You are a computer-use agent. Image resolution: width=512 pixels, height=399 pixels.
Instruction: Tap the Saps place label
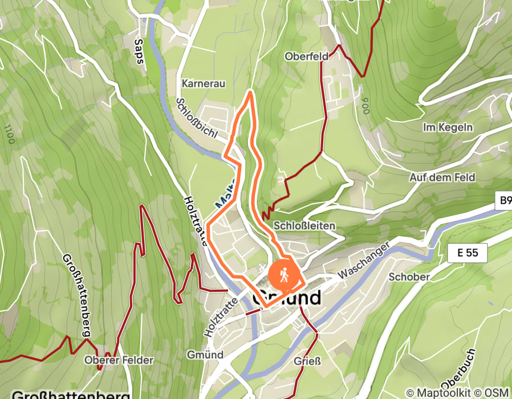coord(139,51)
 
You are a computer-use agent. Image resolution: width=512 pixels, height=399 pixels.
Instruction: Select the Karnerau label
coord(204,84)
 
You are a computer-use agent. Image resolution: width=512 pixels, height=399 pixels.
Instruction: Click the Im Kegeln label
coord(448,127)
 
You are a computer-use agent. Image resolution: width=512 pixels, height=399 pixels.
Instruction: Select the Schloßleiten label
coord(304,226)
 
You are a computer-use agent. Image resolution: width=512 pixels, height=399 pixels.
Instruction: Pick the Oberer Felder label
coord(119,360)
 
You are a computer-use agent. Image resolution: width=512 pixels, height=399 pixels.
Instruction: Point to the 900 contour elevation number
coord(364,105)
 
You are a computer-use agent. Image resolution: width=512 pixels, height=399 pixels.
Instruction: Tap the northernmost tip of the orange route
coord(250,91)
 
